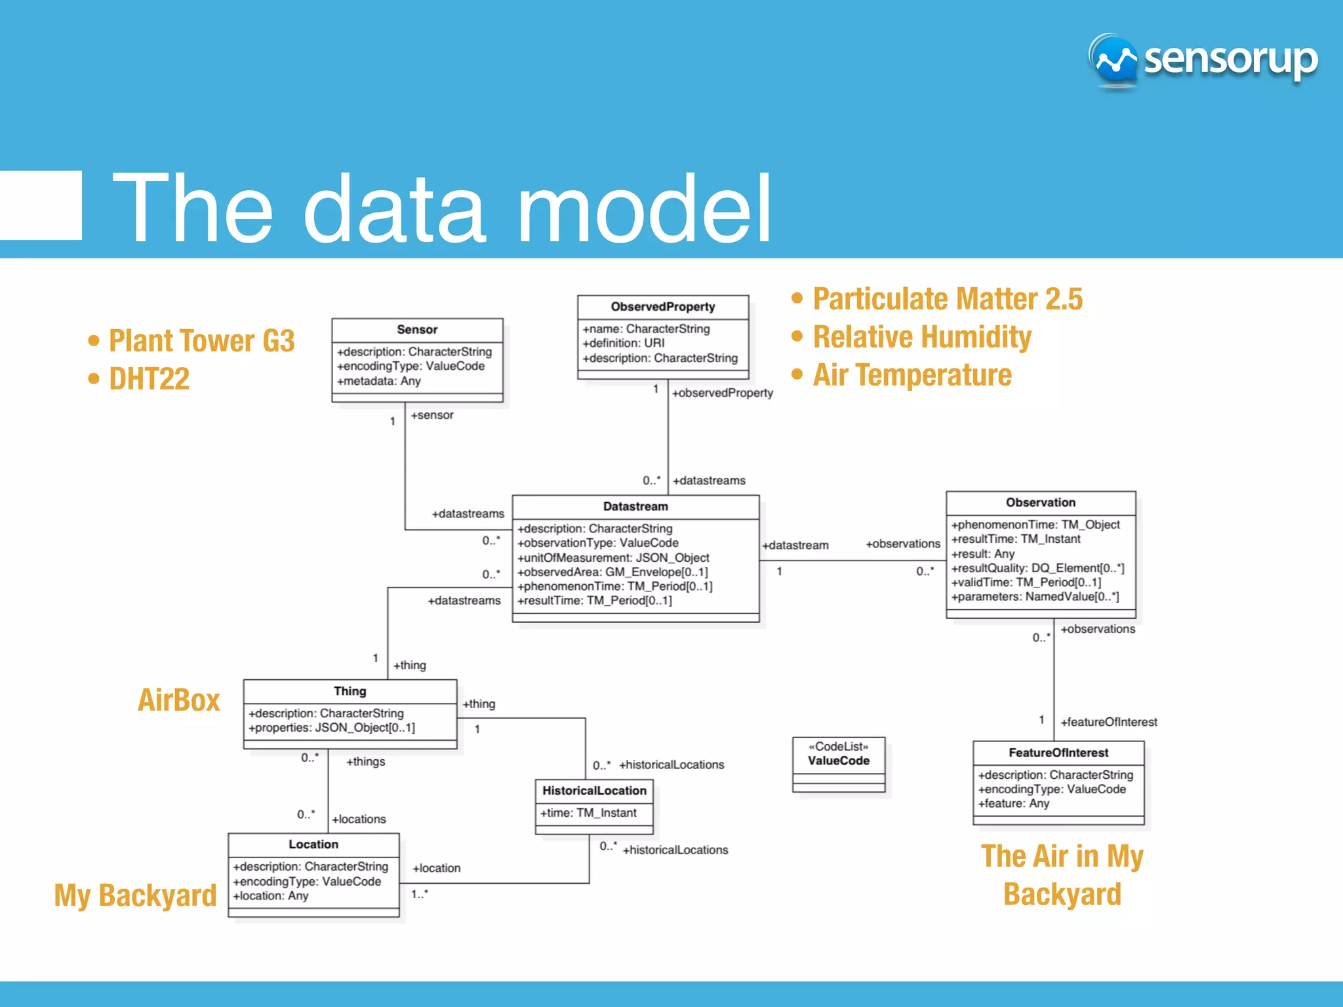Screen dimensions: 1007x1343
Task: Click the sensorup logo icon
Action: pyautogui.click(x=1114, y=60)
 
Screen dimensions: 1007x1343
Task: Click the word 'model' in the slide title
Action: pyautogui.click(x=644, y=208)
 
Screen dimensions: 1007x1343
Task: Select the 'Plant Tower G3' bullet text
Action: pyautogui.click(x=201, y=341)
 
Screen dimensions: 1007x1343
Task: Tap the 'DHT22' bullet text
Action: pyautogui.click(x=149, y=379)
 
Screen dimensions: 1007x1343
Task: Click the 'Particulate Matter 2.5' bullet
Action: pyautogui.click(x=947, y=299)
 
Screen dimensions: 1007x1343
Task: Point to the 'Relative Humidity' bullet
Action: pyautogui.click(x=921, y=337)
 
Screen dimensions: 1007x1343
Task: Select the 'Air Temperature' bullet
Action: pyautogui.click(x=912, y=375)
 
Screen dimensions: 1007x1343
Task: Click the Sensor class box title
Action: pyautogui.click(x=417, y=330)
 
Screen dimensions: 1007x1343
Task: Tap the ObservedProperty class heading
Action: pyautogui.click(x=662, y=307)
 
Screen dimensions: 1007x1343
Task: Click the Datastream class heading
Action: pyautogui.click(x=635, y=507)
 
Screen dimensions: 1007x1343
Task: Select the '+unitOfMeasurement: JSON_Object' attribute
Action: pyautogui.click(x=613, y=558)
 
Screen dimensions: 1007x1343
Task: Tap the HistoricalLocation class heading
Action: pyautogui.click(x=594, y=791)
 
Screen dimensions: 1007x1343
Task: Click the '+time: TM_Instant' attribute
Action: pyautogui.click(x=588, y=813)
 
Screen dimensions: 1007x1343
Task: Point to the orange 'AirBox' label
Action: pyautogui.click(x=178, y=700)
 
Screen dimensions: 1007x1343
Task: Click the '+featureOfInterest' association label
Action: pyautogui.click(x=1108, y=722)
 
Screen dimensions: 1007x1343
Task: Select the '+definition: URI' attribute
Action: pyautogui.click(x=624, y=343)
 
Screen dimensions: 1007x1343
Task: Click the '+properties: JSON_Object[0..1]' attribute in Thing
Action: pyautogui.click(x=331, y=728)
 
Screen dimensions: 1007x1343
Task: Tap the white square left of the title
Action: pyautogui.click(x=41, y=205)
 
